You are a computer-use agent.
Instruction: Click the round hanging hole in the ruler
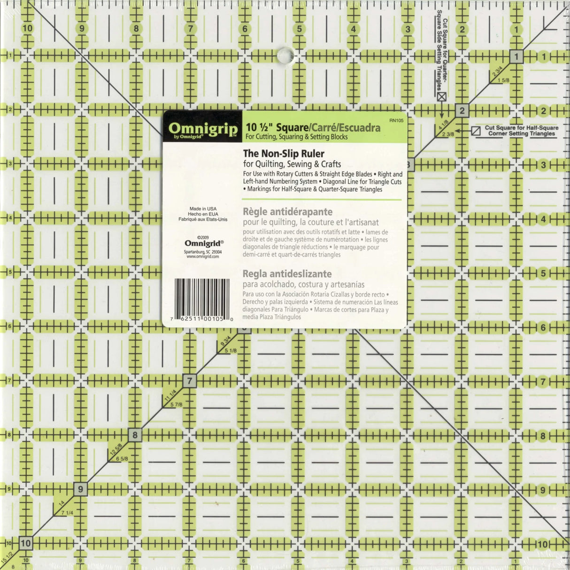pyautogui.click(x=285, y=55)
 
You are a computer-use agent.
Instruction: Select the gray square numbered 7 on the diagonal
pyautogui.click(x=189, y=381)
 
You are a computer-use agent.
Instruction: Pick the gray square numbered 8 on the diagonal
pyautogui.click(x=135, y=435)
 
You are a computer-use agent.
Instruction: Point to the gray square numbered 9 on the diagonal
pyautogui.click(x=81, y=489)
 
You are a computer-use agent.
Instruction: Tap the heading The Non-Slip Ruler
pyautogui.click(x=284, y=154)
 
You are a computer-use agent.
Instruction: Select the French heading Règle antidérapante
pyautogui.click(x=287, y=212)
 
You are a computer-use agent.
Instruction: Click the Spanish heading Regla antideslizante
pyautogui.click(x=287, y=274)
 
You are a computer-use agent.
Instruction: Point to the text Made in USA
pyautogui.click(x=203, y=209)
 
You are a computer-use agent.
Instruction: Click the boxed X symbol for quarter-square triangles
pyautogui.click(x=441, y=97)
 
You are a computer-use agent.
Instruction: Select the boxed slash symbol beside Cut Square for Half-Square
pyautogui.click(x=476, y=131)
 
